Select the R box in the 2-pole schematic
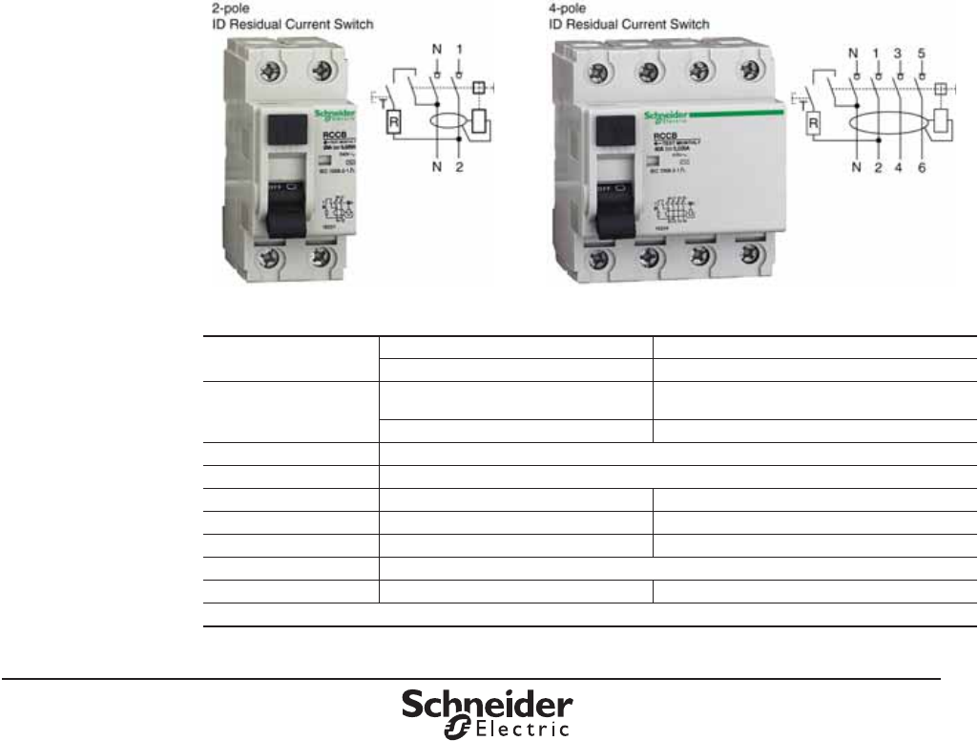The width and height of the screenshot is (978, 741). (392, 121)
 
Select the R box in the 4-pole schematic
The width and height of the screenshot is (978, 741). (814, 123)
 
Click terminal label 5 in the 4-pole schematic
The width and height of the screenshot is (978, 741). (922, 53)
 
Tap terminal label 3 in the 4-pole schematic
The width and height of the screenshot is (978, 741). (899, 53)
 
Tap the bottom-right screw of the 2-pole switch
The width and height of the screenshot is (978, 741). (324, 257)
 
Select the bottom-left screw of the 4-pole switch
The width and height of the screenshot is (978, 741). (598, 257)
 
